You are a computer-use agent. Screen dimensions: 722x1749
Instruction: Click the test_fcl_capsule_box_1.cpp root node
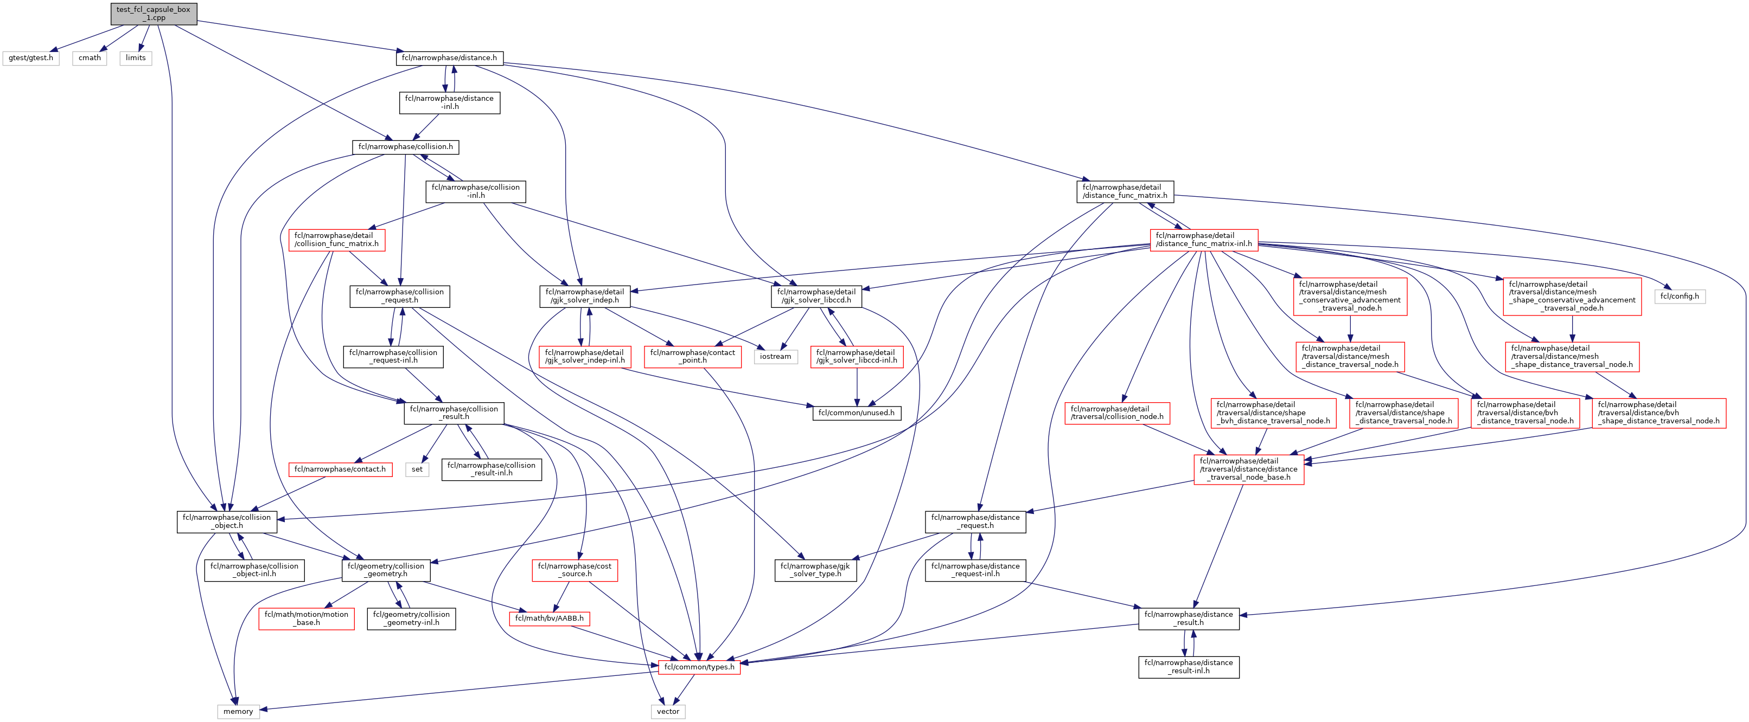[154, 14]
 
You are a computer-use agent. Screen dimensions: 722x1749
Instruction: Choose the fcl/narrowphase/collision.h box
[405, 146]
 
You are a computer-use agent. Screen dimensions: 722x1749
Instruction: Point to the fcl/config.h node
[1679, 296]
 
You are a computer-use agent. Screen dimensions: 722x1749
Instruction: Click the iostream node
[775, 357]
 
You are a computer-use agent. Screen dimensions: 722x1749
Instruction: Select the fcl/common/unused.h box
[856, 412]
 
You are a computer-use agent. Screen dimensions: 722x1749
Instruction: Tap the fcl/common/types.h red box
[699, 667]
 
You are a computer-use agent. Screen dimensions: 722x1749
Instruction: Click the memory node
[238, 711]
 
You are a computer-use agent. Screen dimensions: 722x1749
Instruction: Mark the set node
[417, 469]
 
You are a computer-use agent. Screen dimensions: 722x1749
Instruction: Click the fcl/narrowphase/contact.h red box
[340, 469]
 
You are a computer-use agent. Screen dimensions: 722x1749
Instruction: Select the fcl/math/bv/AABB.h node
[550, 618]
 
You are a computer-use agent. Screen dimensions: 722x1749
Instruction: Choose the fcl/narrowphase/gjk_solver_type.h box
[815, 570]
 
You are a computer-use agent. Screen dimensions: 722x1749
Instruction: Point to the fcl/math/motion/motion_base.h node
[306, 618]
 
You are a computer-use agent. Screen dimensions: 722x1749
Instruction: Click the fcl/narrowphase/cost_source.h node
[575, 570]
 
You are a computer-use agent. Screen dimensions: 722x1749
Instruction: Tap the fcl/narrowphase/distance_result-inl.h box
[1188, 667]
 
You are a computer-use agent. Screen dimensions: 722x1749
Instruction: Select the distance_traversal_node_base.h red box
[1249, 469]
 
